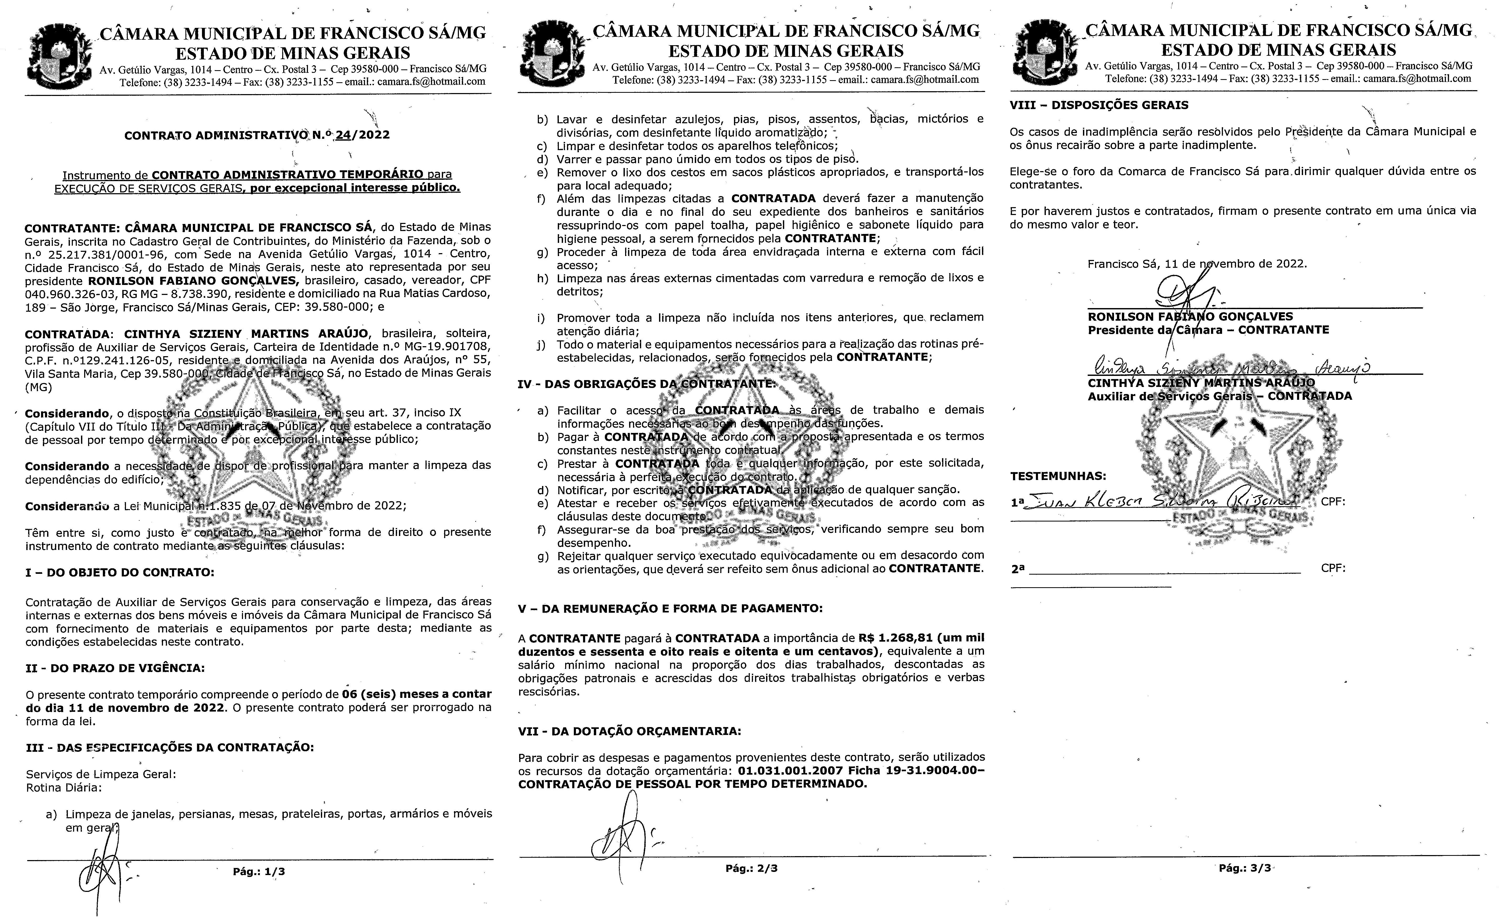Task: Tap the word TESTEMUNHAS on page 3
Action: pyautogui.click(x=1058, y=476)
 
